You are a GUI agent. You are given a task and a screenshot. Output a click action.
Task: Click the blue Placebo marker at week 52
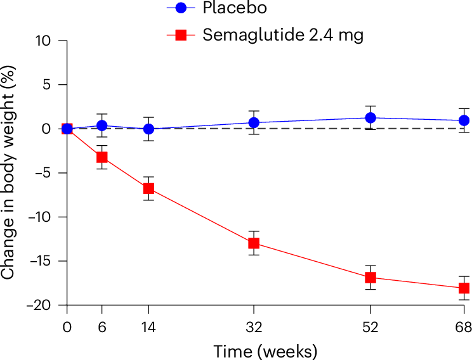pos(370,118)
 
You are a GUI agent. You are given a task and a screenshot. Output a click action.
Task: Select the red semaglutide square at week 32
pos(254,243)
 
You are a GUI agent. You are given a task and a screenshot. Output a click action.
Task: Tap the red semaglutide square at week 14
pos(148,189)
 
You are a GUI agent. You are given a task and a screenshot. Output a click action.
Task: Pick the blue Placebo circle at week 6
pos(102,125)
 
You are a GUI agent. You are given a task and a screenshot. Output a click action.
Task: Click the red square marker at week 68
pos(464,288)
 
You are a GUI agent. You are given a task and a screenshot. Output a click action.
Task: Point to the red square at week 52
pos(370,278)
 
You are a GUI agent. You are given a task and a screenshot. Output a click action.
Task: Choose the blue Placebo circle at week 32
pos(254,122)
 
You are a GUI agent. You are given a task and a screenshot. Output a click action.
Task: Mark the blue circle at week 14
pos(148,129)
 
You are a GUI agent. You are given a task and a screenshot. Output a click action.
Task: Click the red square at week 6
pos(102,157)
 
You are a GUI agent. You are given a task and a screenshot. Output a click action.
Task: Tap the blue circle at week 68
pos(464,120)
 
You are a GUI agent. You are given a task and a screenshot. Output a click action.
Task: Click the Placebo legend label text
pos(235,8)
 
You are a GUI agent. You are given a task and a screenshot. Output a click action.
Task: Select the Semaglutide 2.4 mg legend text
pos(283,35)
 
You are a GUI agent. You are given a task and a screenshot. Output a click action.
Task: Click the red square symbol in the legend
pos(181,35)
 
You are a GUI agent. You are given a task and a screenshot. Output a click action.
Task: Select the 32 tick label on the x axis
pos(254,327)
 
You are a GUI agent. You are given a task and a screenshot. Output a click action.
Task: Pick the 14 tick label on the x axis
pos(148,327)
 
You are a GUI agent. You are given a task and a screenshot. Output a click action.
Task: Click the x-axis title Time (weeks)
pos(265,352)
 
